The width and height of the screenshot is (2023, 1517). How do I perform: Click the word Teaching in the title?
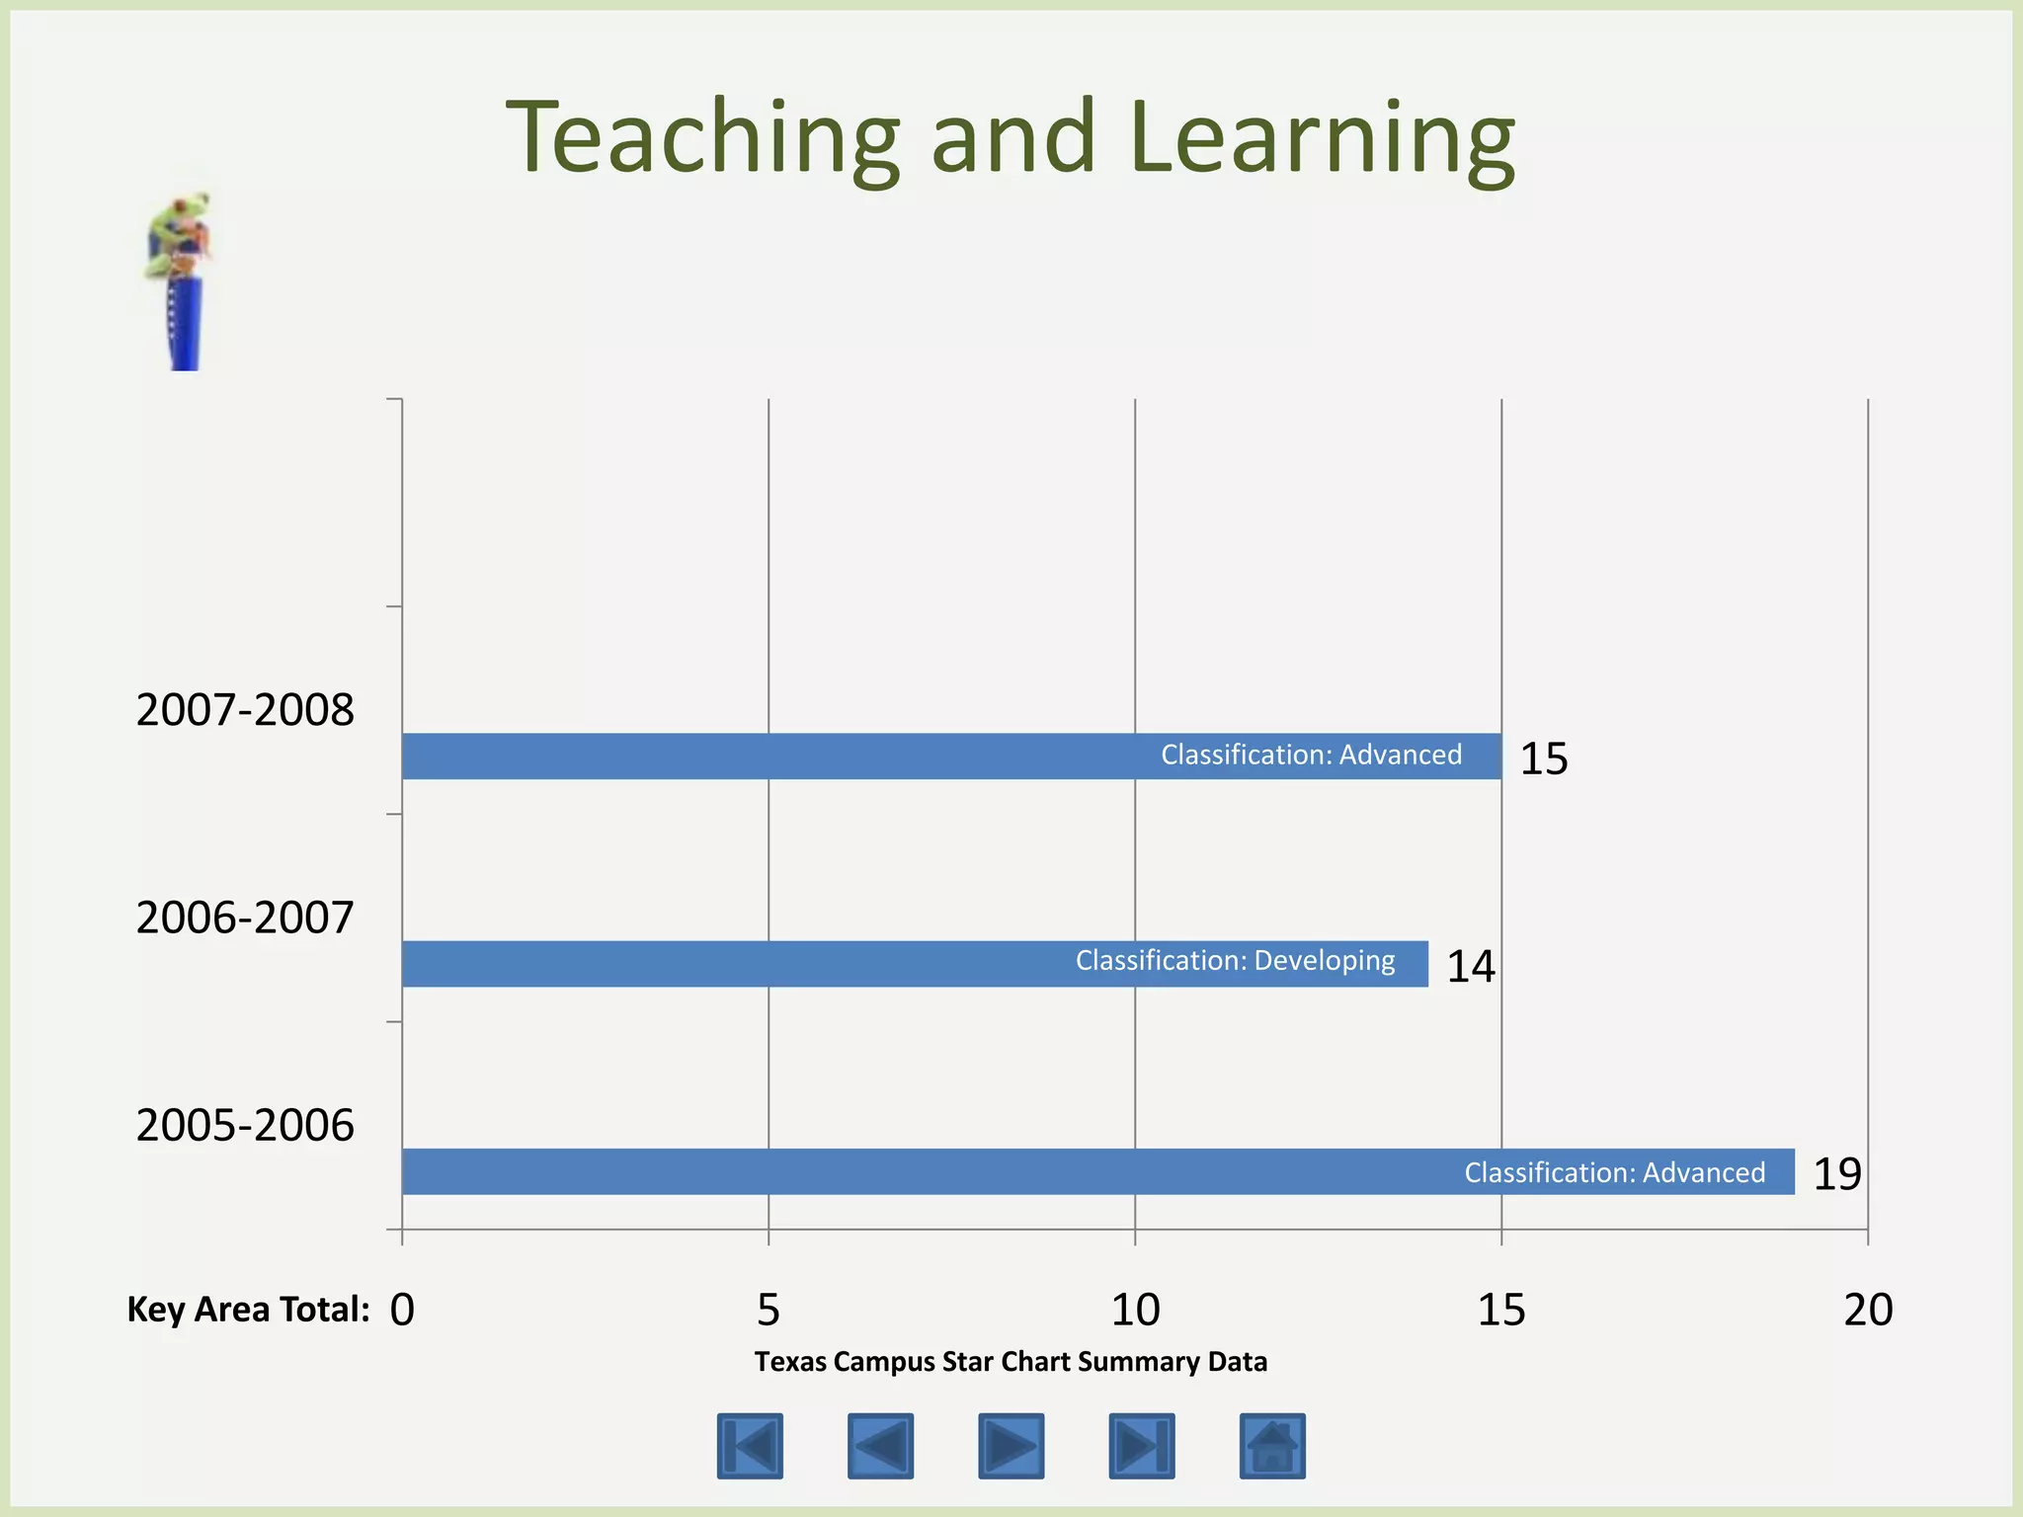[x=702, y=138]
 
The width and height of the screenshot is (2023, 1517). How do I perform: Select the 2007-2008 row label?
[x=244, y=710]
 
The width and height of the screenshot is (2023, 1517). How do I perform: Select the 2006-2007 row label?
[x=244, y=918]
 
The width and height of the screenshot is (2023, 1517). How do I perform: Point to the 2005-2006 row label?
[x=244, y=1125]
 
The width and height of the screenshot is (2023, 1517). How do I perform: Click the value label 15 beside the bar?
[x=1543, y=758]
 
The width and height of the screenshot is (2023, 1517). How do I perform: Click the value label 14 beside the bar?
[x=1470, y=966]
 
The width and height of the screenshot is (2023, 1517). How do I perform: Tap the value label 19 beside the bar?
[x=1836, y=1173]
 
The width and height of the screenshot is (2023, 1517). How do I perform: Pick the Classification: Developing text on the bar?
[x=1235, y=961]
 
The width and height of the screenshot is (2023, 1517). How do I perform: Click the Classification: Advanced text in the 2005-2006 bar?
[x=1614, y=1172]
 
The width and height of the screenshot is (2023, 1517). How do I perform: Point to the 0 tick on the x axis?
[x=402, y=1310]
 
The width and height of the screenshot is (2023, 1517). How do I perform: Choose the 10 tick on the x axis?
[x=1135, y=1310]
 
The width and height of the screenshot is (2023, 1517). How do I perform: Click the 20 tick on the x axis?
[x=1868, y=1310]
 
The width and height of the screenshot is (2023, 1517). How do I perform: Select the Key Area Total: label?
[x=248, y=1310]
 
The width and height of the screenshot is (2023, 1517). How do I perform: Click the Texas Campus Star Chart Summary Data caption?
[x=1011, y=1362]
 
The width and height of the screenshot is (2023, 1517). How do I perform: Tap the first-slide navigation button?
[x=750, y=1446]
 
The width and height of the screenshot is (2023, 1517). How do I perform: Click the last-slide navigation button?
[x=1142, y=1446]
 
